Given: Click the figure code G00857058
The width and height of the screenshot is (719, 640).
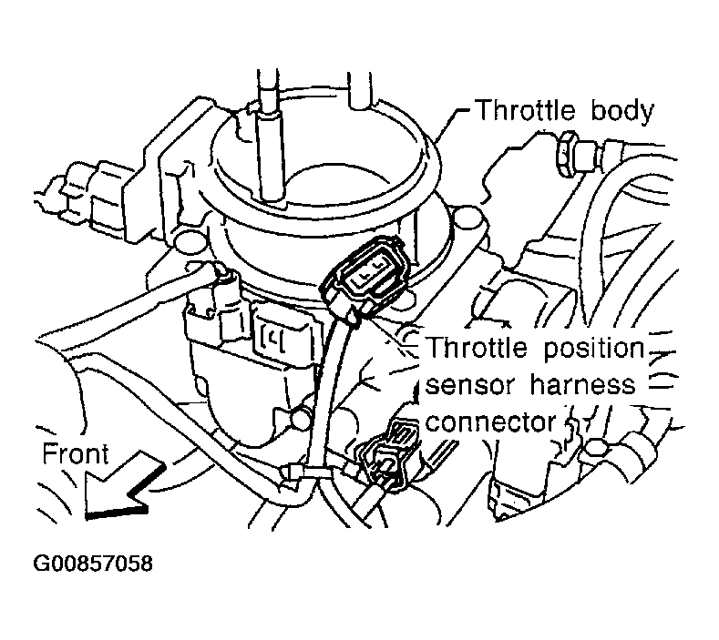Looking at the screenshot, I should (93, 564).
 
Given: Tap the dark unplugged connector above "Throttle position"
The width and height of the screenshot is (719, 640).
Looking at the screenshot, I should (368, 273).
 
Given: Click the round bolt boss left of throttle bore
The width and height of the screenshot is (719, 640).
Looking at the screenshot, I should (188, 242).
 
